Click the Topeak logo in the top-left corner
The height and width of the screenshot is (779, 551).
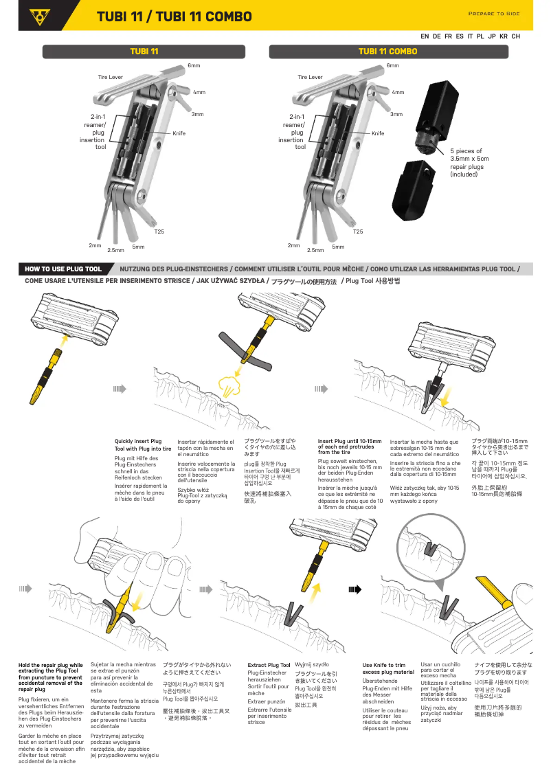click(x=36, y=16)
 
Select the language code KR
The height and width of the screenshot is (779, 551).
click(x=504, y=36)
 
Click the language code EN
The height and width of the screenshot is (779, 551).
click(x=425, y=36)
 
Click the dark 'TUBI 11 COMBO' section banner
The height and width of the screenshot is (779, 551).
click(x=387, y=52)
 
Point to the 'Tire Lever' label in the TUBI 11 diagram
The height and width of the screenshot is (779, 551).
click(x=111, y=77)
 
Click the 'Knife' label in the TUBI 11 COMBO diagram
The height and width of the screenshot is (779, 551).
click(x=378, y=133)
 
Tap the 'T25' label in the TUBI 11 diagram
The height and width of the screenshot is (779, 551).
click(x=159, y=232)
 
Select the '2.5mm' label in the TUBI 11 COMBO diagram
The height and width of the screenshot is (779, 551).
click(x=315, y=250)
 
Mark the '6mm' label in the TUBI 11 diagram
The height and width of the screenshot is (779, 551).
click(x=194, y=65)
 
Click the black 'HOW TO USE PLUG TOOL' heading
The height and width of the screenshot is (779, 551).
click(x=63, y=269)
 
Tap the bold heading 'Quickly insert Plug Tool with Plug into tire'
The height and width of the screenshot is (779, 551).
click(x=143, y=444)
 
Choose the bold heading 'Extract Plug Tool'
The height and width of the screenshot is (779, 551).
click(x=269, y=665)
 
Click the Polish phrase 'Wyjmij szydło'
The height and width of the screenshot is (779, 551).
click(x=311, y=664)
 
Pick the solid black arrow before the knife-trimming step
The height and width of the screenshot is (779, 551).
click(x=355, y=589)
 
